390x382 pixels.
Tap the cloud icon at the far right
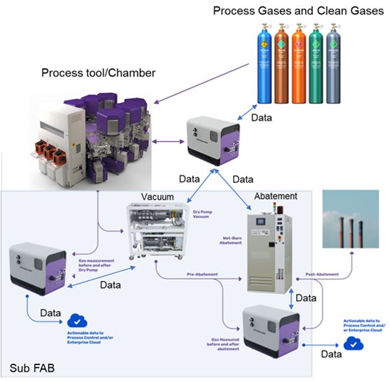click(x=354, y=343)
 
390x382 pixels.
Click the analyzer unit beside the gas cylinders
click(x=212, y=137)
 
